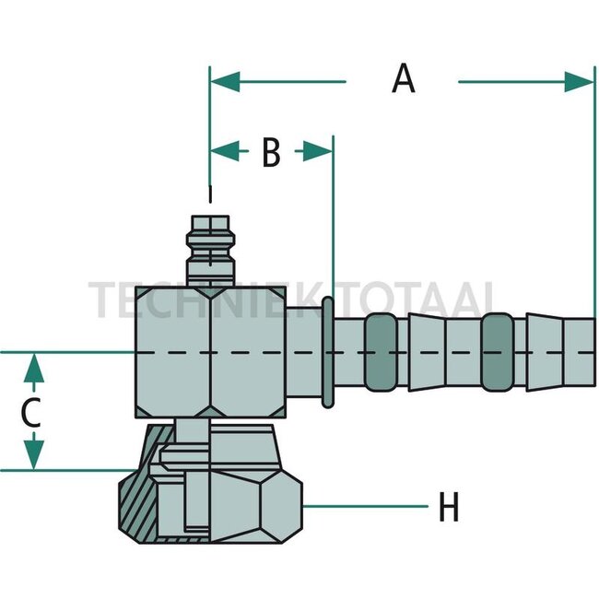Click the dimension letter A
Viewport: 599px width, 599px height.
click(x=404, y=78)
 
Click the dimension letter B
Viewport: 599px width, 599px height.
click(x=271, y=152)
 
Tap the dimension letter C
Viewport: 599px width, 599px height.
click(x=30, y=413)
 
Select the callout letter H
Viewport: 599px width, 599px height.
click(x=449, y=507)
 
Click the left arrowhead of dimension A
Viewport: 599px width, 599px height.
click(x=226, y=81)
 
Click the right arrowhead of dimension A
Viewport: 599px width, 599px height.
click(x=579, y=81)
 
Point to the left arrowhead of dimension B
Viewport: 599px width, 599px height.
click(x=225, y=151)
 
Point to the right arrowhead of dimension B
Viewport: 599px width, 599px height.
click(x=317, y=151)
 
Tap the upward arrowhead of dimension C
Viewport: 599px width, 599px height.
click(x=33, y=369)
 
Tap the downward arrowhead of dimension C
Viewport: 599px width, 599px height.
click(x=33, y=454)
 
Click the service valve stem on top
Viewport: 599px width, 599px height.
click(x=210, y=251)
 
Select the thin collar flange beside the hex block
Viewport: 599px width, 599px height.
click(x=328, y=352)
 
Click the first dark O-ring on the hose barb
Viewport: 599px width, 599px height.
click(x=381, y=352)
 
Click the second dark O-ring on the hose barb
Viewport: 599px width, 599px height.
click(x=497, y=352)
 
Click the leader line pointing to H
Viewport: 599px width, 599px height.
click(x=366, y=507)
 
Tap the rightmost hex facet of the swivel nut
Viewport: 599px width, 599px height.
click(x=281, y=507)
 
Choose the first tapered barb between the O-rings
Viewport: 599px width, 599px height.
click(x=427, y=352)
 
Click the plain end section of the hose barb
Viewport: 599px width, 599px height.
click(x=579, y=352)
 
